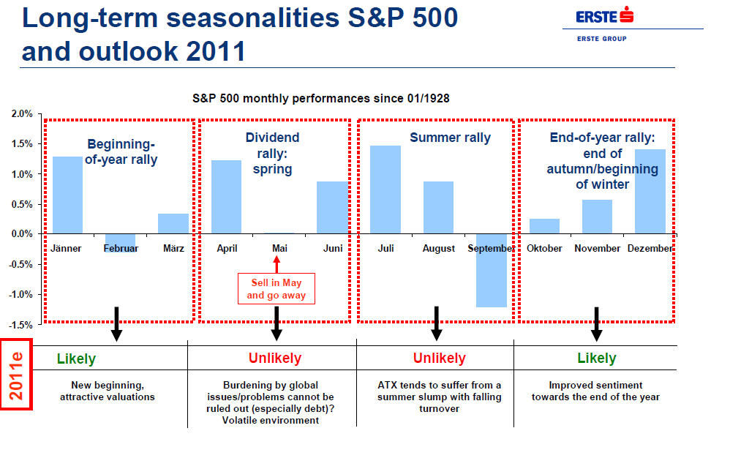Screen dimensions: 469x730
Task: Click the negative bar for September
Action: pos(492,270)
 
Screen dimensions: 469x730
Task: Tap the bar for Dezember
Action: pos(650,191)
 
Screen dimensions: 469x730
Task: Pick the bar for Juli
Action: pos(385,190)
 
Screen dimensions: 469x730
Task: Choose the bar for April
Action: pos(226,197)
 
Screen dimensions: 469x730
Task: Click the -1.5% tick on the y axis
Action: pos(20,324)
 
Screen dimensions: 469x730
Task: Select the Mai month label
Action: pos(279,249)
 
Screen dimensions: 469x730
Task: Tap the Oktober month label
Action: pos(545,249)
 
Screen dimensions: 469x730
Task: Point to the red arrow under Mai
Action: pos(276,263)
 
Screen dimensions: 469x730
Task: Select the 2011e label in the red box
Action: pos(15,375)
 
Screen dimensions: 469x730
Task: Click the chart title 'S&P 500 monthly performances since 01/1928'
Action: pos(326,97)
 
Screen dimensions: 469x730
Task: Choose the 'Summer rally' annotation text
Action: pos(450,138)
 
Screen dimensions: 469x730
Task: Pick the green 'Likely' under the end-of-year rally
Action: pos(596,359)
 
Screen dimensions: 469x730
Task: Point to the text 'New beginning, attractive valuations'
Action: pos(113,391)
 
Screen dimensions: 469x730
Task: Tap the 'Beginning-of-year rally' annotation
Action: pos(121,151)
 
